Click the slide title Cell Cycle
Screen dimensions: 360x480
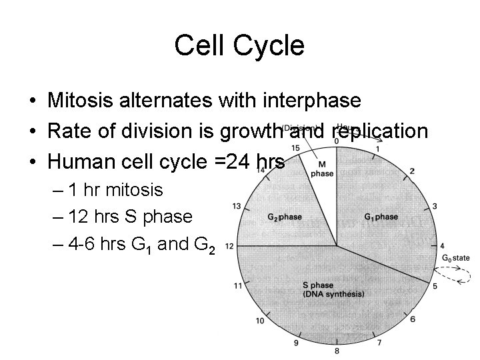[239, 45]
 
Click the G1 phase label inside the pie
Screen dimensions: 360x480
[381, 217]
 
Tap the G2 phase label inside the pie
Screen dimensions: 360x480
[285, 217]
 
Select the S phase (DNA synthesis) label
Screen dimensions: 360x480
[334, 290]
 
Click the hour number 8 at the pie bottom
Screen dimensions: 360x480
[337, 351]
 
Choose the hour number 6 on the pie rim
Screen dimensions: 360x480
[413, 319]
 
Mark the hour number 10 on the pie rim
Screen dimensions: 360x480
[260, 321]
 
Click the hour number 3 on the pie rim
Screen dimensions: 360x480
[435, 207]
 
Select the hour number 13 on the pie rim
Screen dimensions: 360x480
[236, 206]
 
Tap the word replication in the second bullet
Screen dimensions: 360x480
[377, 131]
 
